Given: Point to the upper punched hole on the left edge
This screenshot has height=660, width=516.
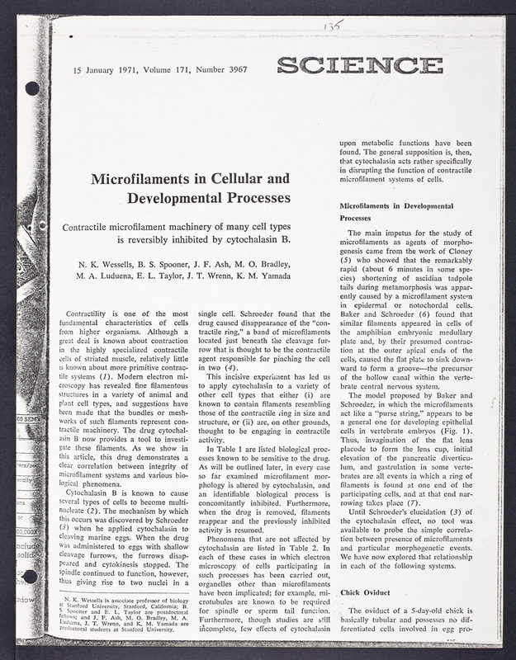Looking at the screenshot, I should point(33,87).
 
